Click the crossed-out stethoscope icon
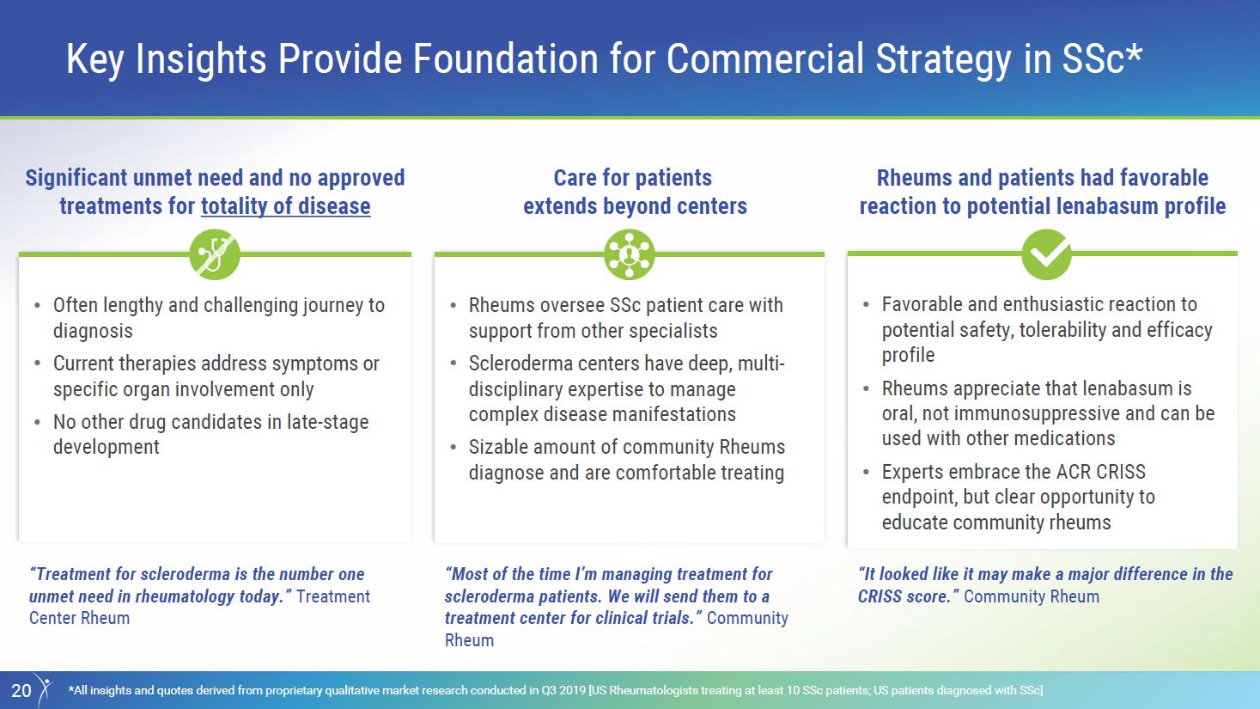[x=215, y=254]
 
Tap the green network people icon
[x=630, y=254]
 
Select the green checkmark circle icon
[x=1046, y=254]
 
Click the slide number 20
[x=21, y=690]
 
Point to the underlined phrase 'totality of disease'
[x=286, y=206]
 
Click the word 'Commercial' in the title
[x=765, y=58]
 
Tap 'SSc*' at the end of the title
[x=1102, y=58]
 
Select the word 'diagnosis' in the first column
[x=93, y=331]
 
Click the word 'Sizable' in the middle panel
[x=498, y=447]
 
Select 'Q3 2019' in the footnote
[x=563, y=690]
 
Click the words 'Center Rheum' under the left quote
[x=79, y=618]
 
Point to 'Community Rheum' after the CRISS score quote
[x=1032, y=596]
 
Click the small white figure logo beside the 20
[x=43, y=690]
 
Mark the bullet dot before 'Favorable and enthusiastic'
[x=866, y=305]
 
